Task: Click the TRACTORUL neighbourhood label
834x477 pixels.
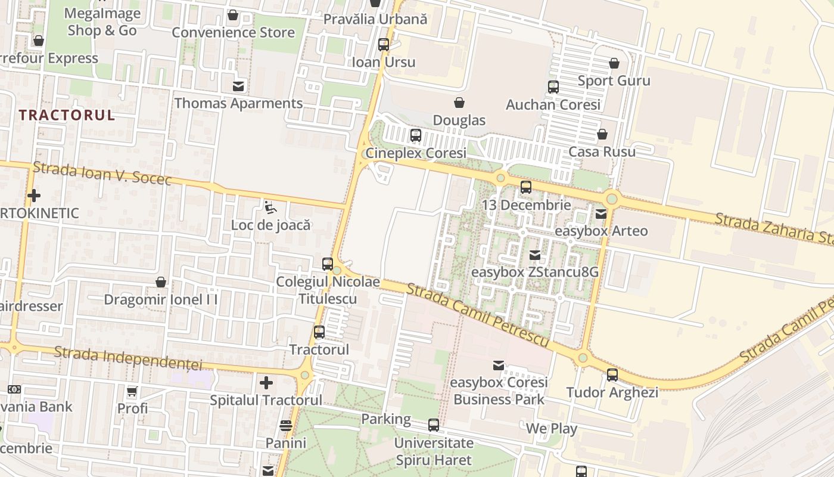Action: pyautogui.click(x=67, y=115)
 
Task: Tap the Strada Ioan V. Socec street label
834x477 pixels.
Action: pyautogui.click(x=102, y=173)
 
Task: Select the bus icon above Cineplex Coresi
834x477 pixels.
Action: pyautogui.click(x=416, y=135)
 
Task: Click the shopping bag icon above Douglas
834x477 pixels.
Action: pyautogui.click(x=459, y=103)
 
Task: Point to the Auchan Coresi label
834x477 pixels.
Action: pyautogui.click(x=553, y=105)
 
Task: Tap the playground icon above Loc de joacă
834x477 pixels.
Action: pyautogui.click(x=270, y=207)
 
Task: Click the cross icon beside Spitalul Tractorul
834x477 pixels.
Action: pyautogui.click(x=266, y=382)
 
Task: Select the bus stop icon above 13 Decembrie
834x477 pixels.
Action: pyautogui.click(x=526, y=187)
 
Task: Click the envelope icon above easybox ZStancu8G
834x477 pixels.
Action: pyautogui.click(x=535, y=255)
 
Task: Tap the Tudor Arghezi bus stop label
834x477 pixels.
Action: pyautogui.click(x=612, y=392)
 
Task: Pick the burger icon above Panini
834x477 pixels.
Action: pyautogui.click(x=286, y=426)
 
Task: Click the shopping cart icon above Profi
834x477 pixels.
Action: pyautogui.click(x=132, y=392)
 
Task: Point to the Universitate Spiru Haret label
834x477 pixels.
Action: pyautogui.click(x=434, y=451)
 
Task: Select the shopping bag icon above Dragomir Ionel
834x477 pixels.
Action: pyautogui.click(x=161, y=282)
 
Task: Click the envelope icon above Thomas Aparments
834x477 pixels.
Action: pyautogui.click(x=238, y=86)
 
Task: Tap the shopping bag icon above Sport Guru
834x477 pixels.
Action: pyautogui.click(x=614, y=63)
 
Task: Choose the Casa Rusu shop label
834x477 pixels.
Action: pyautogui.click(x=602, y=151)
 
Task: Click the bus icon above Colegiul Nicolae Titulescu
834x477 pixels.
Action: pyautogui.click(x=328, y=264)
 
